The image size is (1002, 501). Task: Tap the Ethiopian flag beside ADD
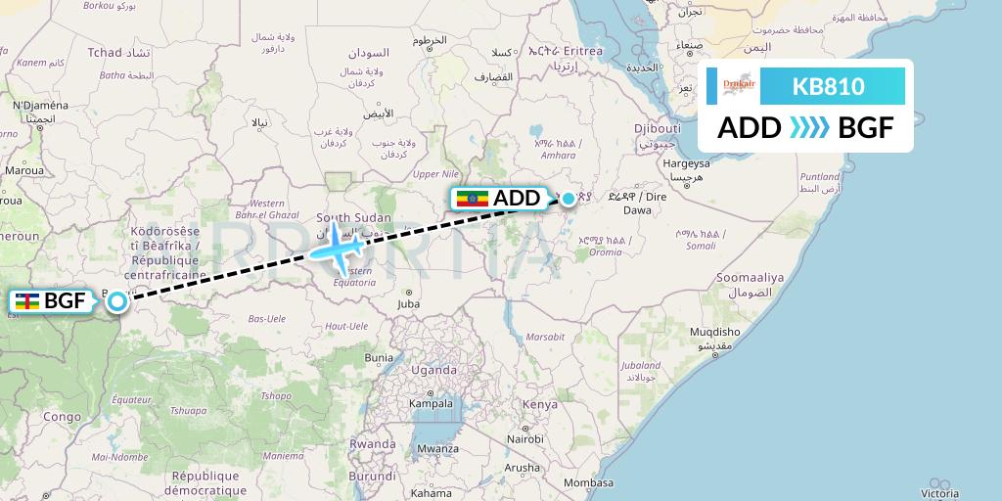[x=474, y=199]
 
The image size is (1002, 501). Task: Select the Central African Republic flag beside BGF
[x=27, y=301]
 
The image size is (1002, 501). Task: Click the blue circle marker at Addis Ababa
[x=568, y=199]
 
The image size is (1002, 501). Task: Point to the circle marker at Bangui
[x=116, y=300]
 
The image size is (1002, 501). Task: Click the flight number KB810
[x=828, y=86]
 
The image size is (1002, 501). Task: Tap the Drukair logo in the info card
[x=739, y=86]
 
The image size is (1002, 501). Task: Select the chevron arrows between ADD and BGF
[x=808, y=127]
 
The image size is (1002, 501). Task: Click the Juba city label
[x=408, y=304]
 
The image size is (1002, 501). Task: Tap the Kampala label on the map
[x=431, y=403]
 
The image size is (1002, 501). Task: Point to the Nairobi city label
[x=524, y=438]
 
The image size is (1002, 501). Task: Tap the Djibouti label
[x=657, y=128]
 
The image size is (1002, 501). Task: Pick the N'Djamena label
[x=40, y=106]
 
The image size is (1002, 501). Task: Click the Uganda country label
[x=433, y=371]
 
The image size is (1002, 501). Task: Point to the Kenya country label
[x=539, y=404]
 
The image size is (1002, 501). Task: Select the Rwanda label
[x=372, y=443]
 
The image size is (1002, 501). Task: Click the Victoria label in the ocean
[x=939, y=493]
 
